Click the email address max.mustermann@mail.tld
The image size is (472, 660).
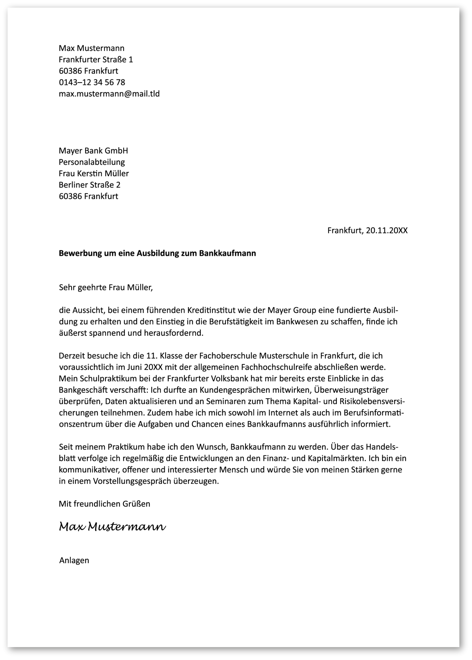tap(109, 94)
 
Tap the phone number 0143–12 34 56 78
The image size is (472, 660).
tap(92, 82)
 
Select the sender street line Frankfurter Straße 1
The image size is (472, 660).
tap(96, 59)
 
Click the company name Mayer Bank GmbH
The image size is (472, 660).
tap(93, 151)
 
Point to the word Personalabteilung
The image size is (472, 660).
tap(92, 162)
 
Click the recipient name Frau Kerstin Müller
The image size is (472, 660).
tap(94, 173)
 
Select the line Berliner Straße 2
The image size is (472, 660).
tap(89, 185)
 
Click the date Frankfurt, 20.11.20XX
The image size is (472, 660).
tap(367, 230)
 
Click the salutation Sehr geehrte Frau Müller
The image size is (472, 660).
tap(106, 287)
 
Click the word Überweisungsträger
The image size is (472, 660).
tap(351, 390)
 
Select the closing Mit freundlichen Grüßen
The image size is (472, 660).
tap(104, 504)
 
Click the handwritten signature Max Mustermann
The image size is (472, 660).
tap(112, 527)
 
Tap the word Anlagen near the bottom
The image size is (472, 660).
tap(74, 560)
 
